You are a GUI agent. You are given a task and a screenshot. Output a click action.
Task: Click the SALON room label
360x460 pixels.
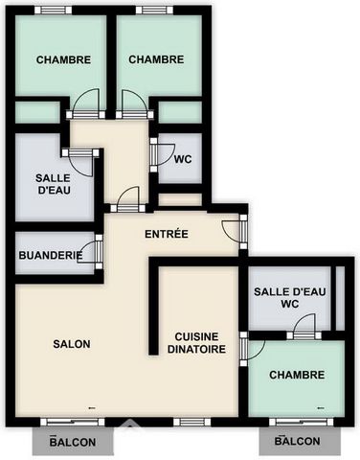click(x=72, y=344)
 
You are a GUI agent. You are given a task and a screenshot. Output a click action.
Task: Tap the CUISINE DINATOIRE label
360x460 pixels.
click(x=196, y=343)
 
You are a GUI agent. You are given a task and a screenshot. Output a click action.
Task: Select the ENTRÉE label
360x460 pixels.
click(x=167, y=234)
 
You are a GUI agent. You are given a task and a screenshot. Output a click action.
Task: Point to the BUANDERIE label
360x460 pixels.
click(x=51, y=255)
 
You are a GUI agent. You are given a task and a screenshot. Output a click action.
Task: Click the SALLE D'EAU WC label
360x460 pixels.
click(x=290, y=297)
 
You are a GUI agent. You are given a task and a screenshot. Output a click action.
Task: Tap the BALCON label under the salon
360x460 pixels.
click(x=73, y=442)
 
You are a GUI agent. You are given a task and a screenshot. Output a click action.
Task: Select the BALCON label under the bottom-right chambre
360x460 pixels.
click(x=298, y=441)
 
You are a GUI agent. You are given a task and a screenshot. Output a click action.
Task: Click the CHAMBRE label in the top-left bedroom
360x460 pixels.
click(x=63, y=59)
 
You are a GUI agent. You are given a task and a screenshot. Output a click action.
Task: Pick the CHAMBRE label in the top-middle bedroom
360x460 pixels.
click(x=156, y=59)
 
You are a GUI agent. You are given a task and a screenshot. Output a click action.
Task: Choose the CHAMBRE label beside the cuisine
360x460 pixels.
click(x=297, y=375)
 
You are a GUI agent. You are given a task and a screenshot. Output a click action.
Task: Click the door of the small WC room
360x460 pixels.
click(x=163, y=155)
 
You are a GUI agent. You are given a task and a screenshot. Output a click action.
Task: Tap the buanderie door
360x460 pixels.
click(x=90, y=252)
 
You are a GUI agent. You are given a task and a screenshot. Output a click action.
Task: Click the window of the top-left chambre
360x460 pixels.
click(x=54, y=11)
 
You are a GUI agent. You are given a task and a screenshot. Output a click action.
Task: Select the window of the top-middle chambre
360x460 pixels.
click(x=154, y=11)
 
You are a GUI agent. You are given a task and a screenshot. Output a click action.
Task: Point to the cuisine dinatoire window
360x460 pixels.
click(x=192, y=423)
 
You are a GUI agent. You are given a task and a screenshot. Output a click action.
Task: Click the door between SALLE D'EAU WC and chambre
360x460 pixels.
click(x=304, y=327)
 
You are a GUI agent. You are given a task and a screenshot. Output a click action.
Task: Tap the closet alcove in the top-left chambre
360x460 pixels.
click(x=37, y=112)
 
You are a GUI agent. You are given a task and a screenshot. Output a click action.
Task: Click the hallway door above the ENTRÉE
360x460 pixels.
click(x=128, y=199)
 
